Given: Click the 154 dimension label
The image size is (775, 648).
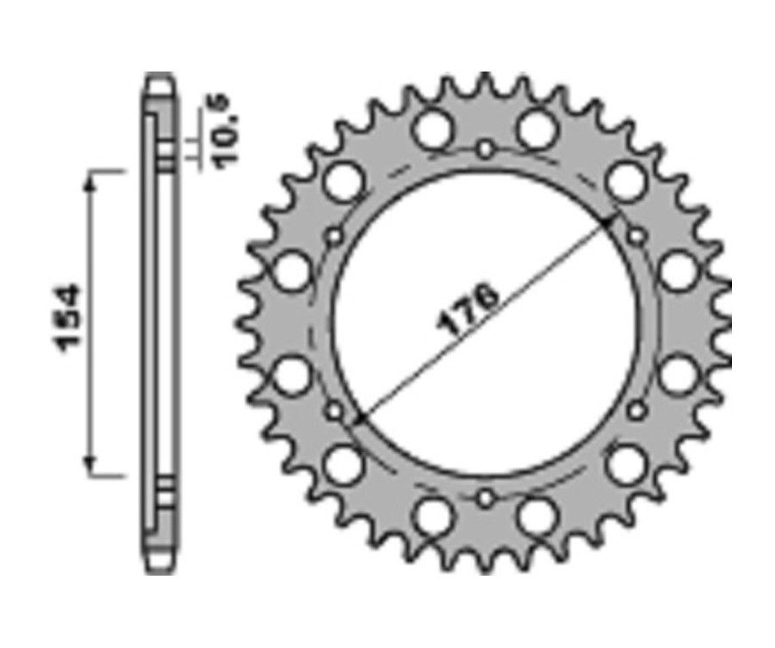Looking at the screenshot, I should click(69, 318).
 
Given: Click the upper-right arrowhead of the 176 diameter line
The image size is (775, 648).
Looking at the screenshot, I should click(610, 222).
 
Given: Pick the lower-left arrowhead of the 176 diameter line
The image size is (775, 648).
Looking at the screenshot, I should click(360, 420).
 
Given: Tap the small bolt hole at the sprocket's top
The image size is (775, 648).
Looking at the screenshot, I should click(486, 150).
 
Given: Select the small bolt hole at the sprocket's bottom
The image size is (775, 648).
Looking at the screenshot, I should click(486, 498).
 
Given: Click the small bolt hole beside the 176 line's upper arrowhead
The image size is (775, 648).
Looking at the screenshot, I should click(636, 236).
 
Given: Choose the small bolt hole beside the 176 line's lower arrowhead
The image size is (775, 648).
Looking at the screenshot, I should click(335, 411).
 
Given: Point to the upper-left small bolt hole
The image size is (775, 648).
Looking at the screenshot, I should click(335, 236).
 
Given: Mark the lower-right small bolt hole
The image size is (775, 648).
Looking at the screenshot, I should click(636, 411).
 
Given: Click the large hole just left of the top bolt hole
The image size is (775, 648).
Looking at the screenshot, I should click(432, 129).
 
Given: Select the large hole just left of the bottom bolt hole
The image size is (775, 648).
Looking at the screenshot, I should click(432, 517).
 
